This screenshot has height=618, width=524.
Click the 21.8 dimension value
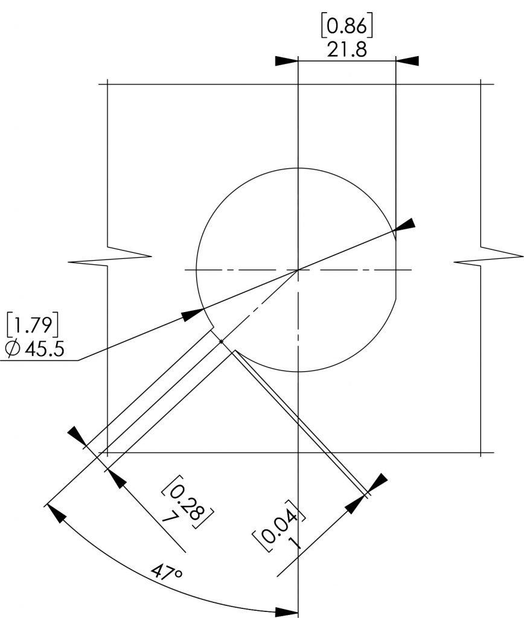(x=347, y=50)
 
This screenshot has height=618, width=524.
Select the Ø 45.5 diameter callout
(x=34, y=349)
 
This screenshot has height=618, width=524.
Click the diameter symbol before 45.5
(x=13, y=349)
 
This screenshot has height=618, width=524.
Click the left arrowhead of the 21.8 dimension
(x=286, y=61)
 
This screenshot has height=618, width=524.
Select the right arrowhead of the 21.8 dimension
(x=407, y=61)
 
